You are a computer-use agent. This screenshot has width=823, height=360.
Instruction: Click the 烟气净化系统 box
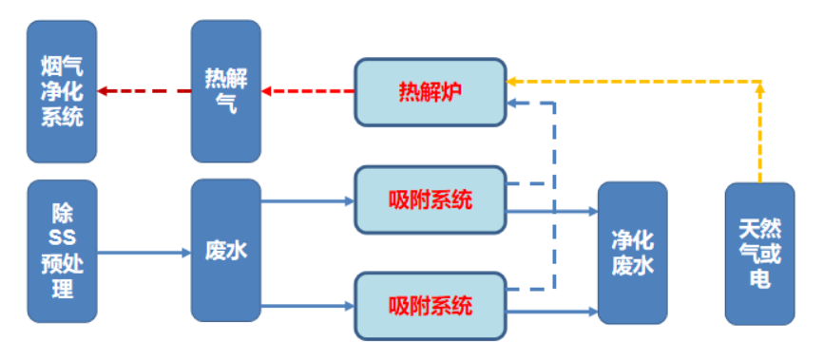click(63, 91)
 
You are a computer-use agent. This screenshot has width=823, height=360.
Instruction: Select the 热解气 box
click(226, 91)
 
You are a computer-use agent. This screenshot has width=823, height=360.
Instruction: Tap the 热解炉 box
click(430, 92)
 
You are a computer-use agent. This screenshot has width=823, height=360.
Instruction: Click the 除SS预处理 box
click(63, 251)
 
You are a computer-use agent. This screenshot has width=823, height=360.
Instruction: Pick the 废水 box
click(226, 251)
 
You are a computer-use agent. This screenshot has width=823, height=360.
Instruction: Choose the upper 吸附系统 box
click(430, 200)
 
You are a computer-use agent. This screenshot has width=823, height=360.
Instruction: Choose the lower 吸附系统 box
click(430, 306)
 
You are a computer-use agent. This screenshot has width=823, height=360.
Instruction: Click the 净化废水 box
click(632, 252)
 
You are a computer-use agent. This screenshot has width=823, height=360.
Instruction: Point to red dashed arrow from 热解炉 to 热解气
click(308, 92)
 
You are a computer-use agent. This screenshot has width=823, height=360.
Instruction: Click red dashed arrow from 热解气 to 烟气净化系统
click(144, 92)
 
